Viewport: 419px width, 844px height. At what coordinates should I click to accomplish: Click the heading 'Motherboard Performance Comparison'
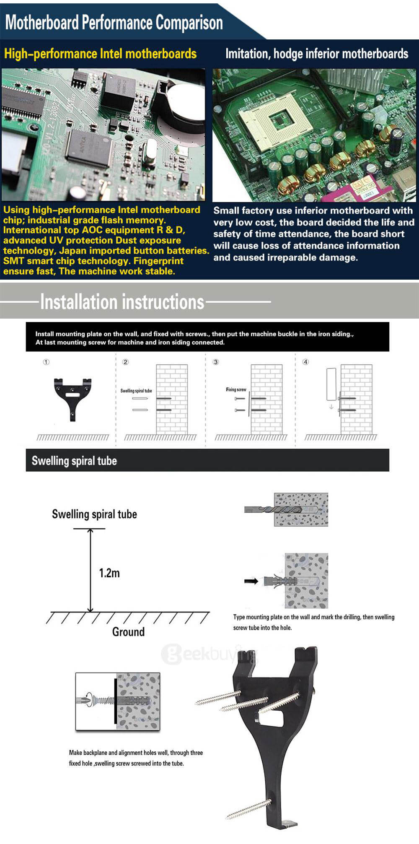pos(114,22)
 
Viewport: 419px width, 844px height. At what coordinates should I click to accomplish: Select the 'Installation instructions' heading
pos(122,301)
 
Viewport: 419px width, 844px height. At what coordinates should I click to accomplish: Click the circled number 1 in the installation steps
pos(46,362)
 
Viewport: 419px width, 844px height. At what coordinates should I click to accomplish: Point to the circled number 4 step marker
pos(305,362)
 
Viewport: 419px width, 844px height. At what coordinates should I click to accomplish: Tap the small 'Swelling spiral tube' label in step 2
pos(136,391)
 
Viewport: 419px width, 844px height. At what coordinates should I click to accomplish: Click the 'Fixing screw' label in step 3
pos(236,390)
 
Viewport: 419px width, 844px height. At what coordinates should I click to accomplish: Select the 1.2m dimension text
pos(109,573)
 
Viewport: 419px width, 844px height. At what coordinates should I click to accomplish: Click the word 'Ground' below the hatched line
pos(128,632)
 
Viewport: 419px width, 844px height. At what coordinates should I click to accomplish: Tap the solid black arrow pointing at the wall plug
pos(251,581)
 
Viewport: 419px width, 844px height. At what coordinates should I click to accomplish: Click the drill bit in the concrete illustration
pos(277,510)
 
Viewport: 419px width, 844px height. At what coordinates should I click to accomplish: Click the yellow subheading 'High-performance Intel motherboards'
pos(100,54)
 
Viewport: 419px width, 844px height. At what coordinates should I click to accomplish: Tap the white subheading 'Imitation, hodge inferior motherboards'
pos(317,54)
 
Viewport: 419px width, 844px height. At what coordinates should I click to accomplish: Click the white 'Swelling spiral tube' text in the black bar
pos(74,461)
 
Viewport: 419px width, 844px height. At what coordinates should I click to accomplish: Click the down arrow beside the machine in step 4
pos(331,407)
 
